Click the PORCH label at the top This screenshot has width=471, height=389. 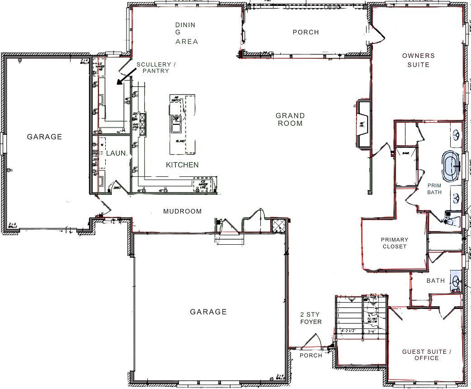pyautogui.click(x=306, y=32)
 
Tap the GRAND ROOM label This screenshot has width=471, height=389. pyautogui.click(x=290, y=119)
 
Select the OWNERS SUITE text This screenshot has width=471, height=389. pyautogui.click(x=419, y=60)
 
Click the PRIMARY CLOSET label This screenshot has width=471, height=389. pyautogui.click(x=394, y=243)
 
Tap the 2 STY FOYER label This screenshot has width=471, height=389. pyautogui.click(x=311, y=318)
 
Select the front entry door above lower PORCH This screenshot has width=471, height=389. pyautogui.click(x=312, y=342)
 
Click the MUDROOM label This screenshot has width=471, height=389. pyautogui.click(x=182, y=211)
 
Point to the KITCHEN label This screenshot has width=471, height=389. pyautogui.click(x=182, y=165)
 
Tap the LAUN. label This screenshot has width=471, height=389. pyautogui.click(x=116, y=153)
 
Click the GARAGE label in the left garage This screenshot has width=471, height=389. pyautogui.click(x=44, y=137)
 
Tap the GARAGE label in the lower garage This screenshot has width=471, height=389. pyautogui.click(x=208, y=312)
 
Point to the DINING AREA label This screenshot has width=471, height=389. pyautogui.click(x=186, y=33)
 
